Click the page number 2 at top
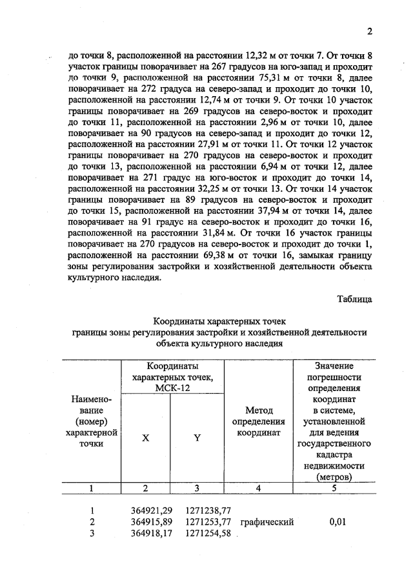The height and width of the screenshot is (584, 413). [x=370, y=32]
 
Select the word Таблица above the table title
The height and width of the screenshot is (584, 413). [x=354, y=298]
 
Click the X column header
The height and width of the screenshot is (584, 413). [x=146, y=438]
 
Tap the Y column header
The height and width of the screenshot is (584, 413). [x=197, y=438]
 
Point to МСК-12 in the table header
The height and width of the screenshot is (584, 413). [x=171, y=388]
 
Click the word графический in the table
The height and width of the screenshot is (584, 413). [x=267, y=522]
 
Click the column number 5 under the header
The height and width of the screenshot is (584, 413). [x=334, y=488]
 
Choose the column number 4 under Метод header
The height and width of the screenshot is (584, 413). [x=258, y=488]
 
